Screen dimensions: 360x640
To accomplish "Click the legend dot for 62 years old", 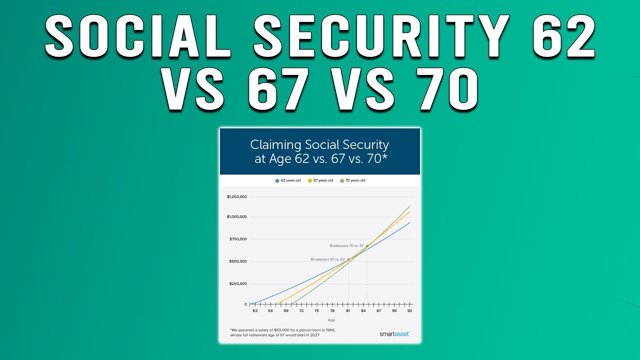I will click(x=277, y=180).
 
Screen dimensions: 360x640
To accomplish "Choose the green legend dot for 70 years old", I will click(x=342, y=180).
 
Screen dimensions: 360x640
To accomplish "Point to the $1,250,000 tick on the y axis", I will click(x=237, y=197).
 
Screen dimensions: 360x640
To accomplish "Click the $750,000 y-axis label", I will click(x=238, y=239).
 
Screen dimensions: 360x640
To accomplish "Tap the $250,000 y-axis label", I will click(x=238, y=284).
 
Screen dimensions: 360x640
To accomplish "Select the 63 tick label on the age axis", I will click(x=255, y=311).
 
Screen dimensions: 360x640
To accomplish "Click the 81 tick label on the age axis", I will click(x=348, y=311).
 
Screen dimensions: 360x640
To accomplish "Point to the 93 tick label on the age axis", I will click(x=410, y=311).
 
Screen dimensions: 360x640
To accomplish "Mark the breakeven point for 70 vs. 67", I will click(x=367, y=246).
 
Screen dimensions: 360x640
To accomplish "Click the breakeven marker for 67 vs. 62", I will click(x=348, y=259).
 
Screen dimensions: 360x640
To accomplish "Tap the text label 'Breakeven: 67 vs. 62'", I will click(x=327, y=259).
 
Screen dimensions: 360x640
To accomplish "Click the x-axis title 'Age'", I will click(x=331, y=320).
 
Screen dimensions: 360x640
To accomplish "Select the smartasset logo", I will click(x=394, y=333).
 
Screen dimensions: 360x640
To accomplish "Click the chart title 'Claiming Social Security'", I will click(x=319, y=145).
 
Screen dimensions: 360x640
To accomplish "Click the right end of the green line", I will click(x=410, y=206).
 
